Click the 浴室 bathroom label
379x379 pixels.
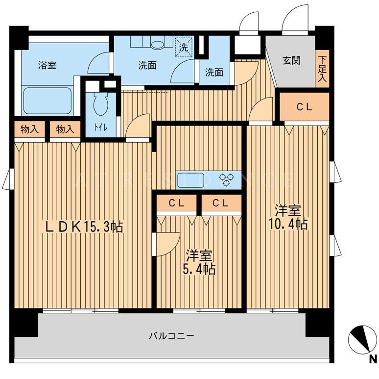[x=47, y=65]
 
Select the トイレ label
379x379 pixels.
[x=100, y=128]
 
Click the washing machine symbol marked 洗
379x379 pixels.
[x=184, y=47]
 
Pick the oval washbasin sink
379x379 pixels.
[x=158, y=44]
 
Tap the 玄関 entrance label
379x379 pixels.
[x=292, y=60]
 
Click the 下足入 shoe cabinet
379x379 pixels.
[x=322, y=69]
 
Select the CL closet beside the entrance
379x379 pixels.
[x=305, y=106]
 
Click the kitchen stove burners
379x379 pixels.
[x=226, y=180]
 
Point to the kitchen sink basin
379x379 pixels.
[x=190, y=180]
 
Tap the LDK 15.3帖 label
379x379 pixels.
[x=84, y=227]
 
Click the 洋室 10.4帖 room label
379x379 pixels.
[x=288, y=217]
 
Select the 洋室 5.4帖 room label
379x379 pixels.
[x=199, y=262]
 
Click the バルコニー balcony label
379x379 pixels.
[x=171, y=336]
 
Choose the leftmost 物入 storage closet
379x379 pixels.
[x=30, y=129]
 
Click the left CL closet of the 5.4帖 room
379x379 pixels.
[x=177, y=203]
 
